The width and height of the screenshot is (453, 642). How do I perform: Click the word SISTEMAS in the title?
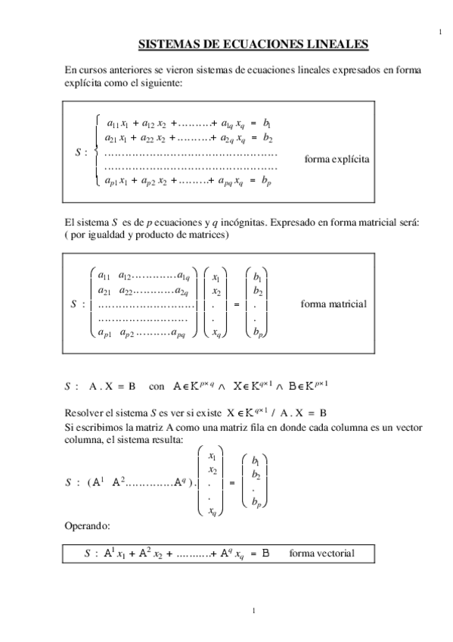(x=165, y=45)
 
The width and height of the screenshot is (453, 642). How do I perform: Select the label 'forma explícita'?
(x=337, y=160)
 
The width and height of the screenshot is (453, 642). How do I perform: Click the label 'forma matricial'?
(x=334, y=304)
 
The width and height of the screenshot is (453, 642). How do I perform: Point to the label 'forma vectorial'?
(x=321, y=553)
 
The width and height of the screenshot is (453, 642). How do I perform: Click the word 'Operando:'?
(x=88, y=525)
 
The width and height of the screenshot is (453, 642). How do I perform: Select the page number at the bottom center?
(x=255, y=611)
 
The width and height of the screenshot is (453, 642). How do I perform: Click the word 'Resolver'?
(x=85, y=413)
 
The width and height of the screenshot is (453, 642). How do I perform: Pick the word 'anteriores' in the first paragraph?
(x=135, y=70)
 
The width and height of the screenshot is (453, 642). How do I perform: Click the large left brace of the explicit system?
(x=95, y=150)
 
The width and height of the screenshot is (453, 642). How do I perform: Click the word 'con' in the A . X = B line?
(x=157, y=385)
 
